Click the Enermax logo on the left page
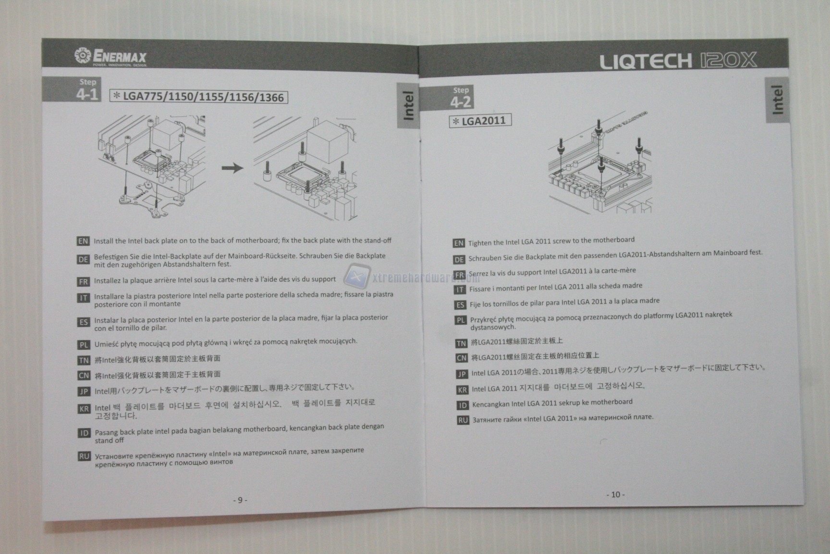pos(111,57)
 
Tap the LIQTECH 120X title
pos(678,61)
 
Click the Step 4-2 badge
pos(460,98)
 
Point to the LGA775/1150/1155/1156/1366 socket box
pos(199,97)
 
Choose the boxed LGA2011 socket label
pos(480,121)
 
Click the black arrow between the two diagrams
pos(232,168)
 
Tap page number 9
pos(240,500)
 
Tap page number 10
pos(615,494)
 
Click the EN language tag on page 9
pos(83,241)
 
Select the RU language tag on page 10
pos(463,420)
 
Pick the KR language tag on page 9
pos(84,409)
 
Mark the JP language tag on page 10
pos(462,374)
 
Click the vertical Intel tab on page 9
pos(408,105)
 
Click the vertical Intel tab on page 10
pos(777,100)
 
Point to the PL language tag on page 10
pos(460,320)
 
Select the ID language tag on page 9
pos(84,433)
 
